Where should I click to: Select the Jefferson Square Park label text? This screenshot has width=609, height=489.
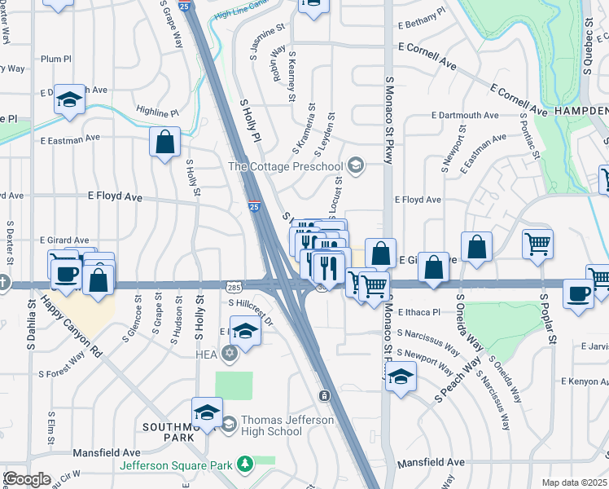tap(176, 465)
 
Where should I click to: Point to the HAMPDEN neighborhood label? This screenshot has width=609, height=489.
tap(581, 109)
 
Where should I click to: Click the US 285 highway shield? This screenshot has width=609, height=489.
tap(233, 288)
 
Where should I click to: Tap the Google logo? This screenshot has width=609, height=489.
tap(26, 478)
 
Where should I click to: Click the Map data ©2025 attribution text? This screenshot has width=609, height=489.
tap(575, 482)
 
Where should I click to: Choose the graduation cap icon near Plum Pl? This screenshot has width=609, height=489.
tap(70, 99)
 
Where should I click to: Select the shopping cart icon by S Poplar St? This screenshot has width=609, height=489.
tap(538, 244)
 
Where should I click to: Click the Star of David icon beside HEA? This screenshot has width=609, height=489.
tap(230, 352)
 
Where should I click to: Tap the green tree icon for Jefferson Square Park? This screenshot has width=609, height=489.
tap(243, 465)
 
